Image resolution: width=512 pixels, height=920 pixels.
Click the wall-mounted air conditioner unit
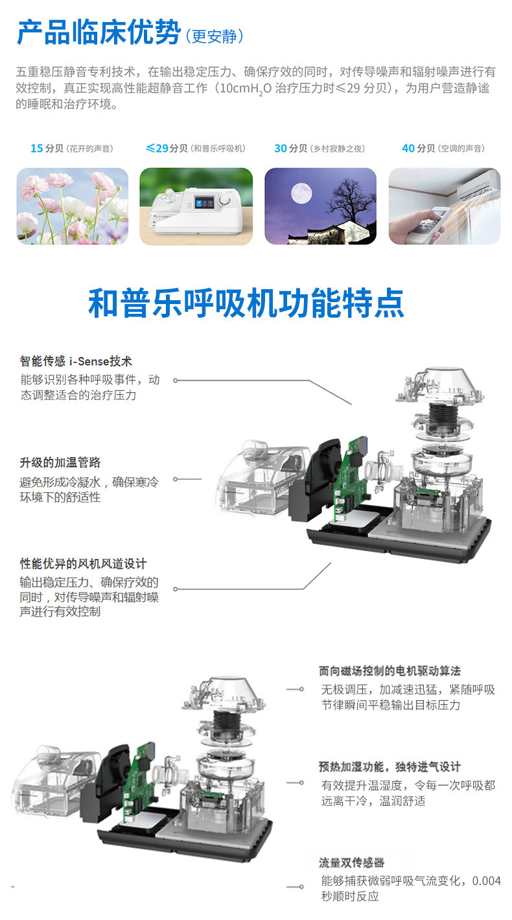(x=478, y=189)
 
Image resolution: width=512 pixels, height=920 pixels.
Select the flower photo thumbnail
(x=72, y=206)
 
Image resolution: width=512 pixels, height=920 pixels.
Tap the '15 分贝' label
(x=47, y=148)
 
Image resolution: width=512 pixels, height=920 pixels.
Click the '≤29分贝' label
(x=166, y=148)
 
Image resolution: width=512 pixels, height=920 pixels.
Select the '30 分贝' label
(x=290, y=148)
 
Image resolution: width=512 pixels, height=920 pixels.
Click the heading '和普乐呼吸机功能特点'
(x=246, y=303)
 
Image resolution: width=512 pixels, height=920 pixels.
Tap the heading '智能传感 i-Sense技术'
(x=76, y=361)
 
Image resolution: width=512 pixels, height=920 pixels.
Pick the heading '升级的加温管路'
(x=60, y=462)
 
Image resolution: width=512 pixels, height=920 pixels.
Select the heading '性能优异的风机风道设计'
(x=83, y=564)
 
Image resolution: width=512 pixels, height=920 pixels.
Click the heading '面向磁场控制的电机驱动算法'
(x=390, y=671)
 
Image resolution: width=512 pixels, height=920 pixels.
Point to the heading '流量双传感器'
(x=352, y=863)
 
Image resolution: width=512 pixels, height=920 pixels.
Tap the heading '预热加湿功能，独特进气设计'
(x=390, y=767)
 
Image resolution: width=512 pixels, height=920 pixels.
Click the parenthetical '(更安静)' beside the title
(x=215, y=36)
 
